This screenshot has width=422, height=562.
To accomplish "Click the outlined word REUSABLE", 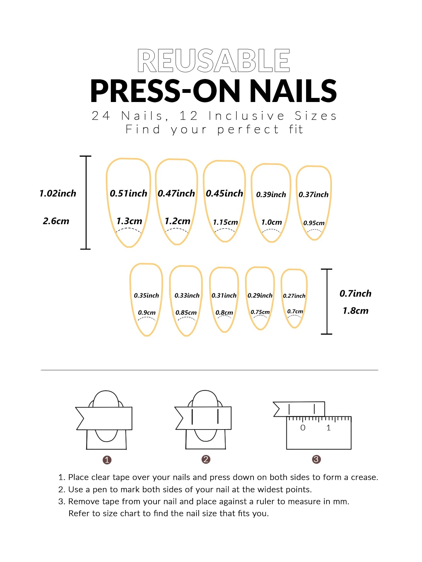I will [214, 60].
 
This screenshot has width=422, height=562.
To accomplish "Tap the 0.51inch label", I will [128, 193].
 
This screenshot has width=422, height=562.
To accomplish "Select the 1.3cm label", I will [129, 221].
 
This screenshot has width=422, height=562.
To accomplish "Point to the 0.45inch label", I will [225, 193].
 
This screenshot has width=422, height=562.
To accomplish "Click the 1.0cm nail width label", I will [271, 222].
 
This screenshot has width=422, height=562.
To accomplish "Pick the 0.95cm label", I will [314, 223].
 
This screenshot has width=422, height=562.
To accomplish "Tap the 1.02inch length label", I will [58, 193].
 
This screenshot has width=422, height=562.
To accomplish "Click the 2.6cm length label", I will [56, 221].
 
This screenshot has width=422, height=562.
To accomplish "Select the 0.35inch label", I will [146, 295].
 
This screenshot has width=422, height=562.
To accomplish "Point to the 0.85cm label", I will [186, 313].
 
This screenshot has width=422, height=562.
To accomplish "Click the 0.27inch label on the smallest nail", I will [294, 296].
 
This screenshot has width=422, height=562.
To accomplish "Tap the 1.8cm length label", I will [356, 311].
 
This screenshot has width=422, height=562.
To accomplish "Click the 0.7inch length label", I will [356, 293].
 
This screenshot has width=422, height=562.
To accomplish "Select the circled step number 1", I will [107, 460].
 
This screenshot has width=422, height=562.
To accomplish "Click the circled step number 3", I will [316, 459].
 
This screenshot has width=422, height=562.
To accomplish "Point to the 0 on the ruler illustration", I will [303, 428].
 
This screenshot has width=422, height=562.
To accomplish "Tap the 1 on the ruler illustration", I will [328, 428].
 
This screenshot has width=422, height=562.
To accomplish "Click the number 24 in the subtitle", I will [101, 116].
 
